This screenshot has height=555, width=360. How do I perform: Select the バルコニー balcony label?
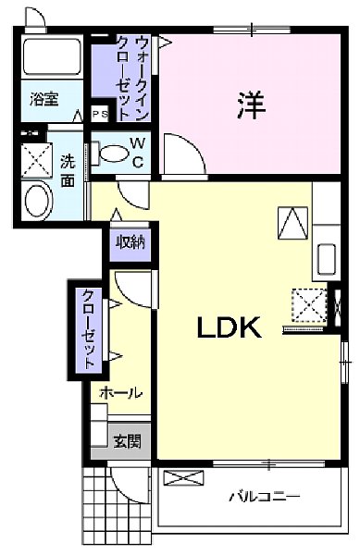click(x=265, y=497)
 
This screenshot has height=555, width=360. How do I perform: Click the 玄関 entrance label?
click(x=127, y=441)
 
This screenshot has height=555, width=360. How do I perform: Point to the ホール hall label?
click(x=120, y=393)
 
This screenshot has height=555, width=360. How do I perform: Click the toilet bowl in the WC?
click(x=108, y=154)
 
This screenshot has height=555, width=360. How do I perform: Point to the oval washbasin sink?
click(x=38, y=201)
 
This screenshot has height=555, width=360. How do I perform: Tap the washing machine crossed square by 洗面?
click(x=38, y=158)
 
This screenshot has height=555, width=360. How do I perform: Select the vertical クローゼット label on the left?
click(x=86, y=329)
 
